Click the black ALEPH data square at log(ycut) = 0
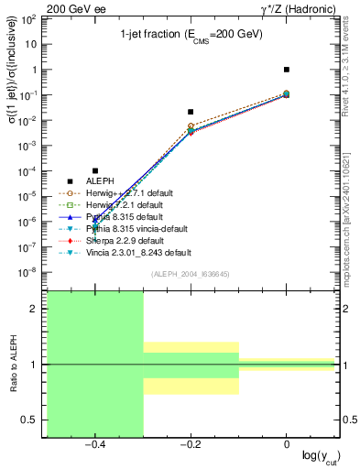(287, 70)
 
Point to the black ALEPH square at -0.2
(191, 112)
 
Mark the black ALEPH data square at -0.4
(94, 170)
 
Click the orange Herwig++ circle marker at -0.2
(191, 125)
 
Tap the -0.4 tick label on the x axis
(94, 444)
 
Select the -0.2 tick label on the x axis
(191, 444)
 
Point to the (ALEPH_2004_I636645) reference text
(191, 274)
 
